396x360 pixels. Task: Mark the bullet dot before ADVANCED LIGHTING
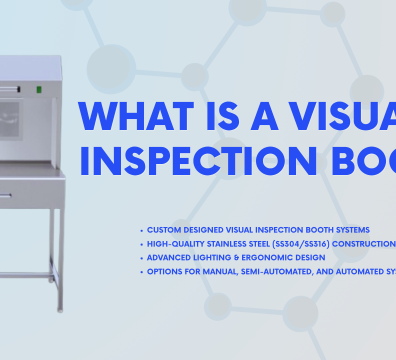point(141,256)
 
